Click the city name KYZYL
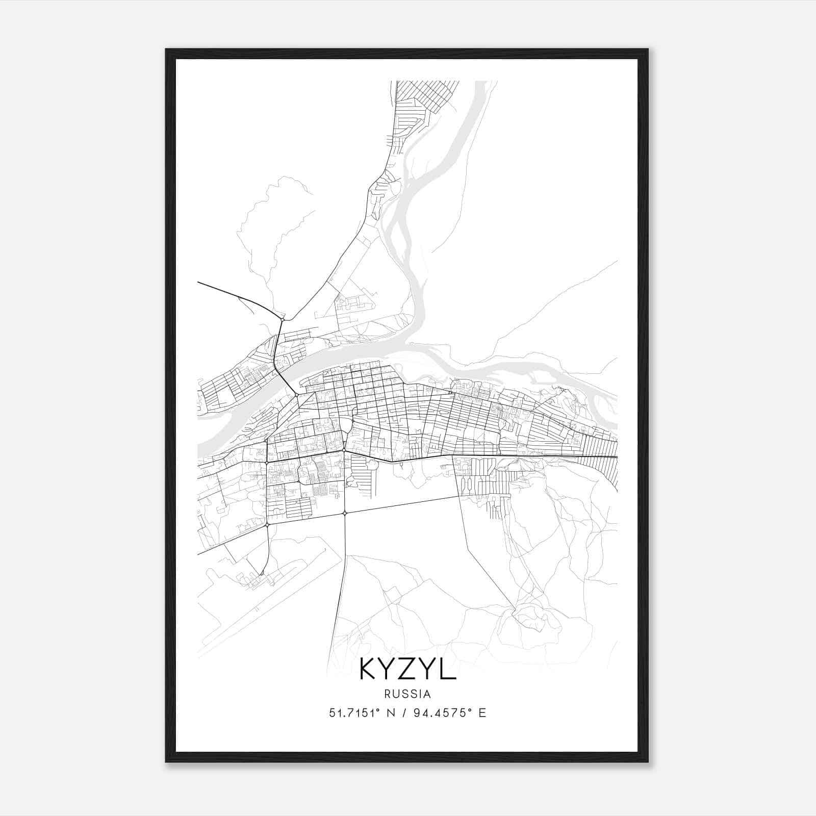(408, 669)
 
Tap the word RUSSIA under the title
(408, 694)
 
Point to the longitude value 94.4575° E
(444, 713)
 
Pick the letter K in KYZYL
(368, 669)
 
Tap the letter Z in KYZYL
(409, 669)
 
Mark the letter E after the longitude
(482, 713)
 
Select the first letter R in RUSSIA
(389, 694)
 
